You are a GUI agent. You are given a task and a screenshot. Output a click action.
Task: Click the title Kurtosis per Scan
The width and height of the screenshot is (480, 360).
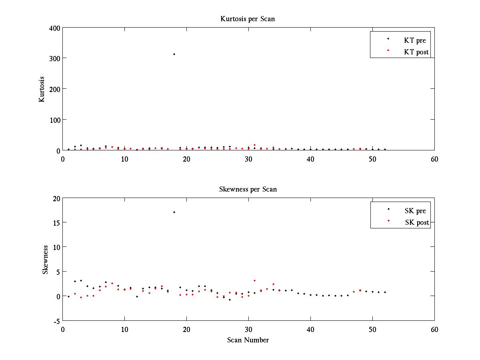[248, 19]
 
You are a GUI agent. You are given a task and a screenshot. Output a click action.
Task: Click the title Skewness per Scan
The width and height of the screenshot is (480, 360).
[248, 189]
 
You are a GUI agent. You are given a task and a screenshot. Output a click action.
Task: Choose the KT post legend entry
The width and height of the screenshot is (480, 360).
[416, 52]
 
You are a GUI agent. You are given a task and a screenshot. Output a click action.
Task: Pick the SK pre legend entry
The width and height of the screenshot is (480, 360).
[415, 211]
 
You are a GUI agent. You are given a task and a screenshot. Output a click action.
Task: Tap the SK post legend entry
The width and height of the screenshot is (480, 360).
[416, 222]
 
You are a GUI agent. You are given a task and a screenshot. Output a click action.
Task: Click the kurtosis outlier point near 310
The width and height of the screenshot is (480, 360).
[174, 54]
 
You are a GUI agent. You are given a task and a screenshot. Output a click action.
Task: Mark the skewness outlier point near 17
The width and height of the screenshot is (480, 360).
[174, 212]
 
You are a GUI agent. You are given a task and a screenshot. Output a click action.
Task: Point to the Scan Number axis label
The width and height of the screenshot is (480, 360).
[248, 340]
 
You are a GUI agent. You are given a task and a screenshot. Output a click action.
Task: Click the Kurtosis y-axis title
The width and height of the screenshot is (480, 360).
[42, 89]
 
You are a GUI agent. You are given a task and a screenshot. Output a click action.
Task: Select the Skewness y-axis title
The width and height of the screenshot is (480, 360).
[45, 260]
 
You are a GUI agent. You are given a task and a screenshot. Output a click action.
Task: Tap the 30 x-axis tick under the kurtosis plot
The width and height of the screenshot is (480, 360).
[248, 159]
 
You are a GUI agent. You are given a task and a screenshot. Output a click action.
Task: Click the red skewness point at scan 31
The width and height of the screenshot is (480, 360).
[254, 280]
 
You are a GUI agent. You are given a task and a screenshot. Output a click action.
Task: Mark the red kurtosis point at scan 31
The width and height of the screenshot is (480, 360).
[254, 145]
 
